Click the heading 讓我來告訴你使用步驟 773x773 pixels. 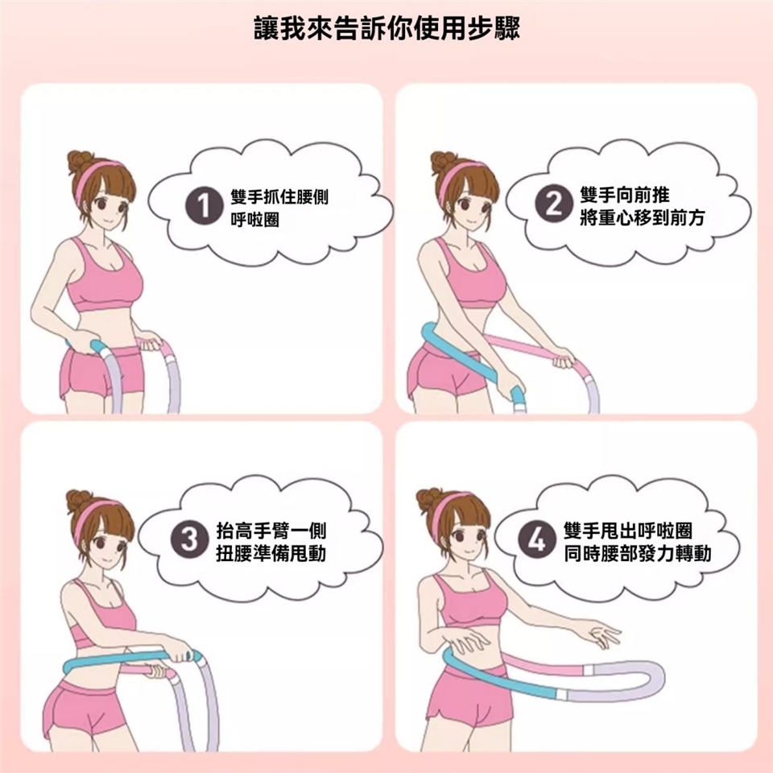click(387, 28)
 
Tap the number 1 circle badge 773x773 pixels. click(204, 205)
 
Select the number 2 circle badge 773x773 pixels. click(554, 203)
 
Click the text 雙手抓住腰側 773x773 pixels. click(279, 196)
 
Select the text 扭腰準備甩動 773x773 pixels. click(271, 553)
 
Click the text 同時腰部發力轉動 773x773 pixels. click(638, 553)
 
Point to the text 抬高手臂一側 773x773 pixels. click(271, 531)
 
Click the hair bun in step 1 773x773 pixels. click(80, 161)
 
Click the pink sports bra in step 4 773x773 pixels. click(469, 600)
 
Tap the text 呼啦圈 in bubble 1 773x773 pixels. click(255, 219)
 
